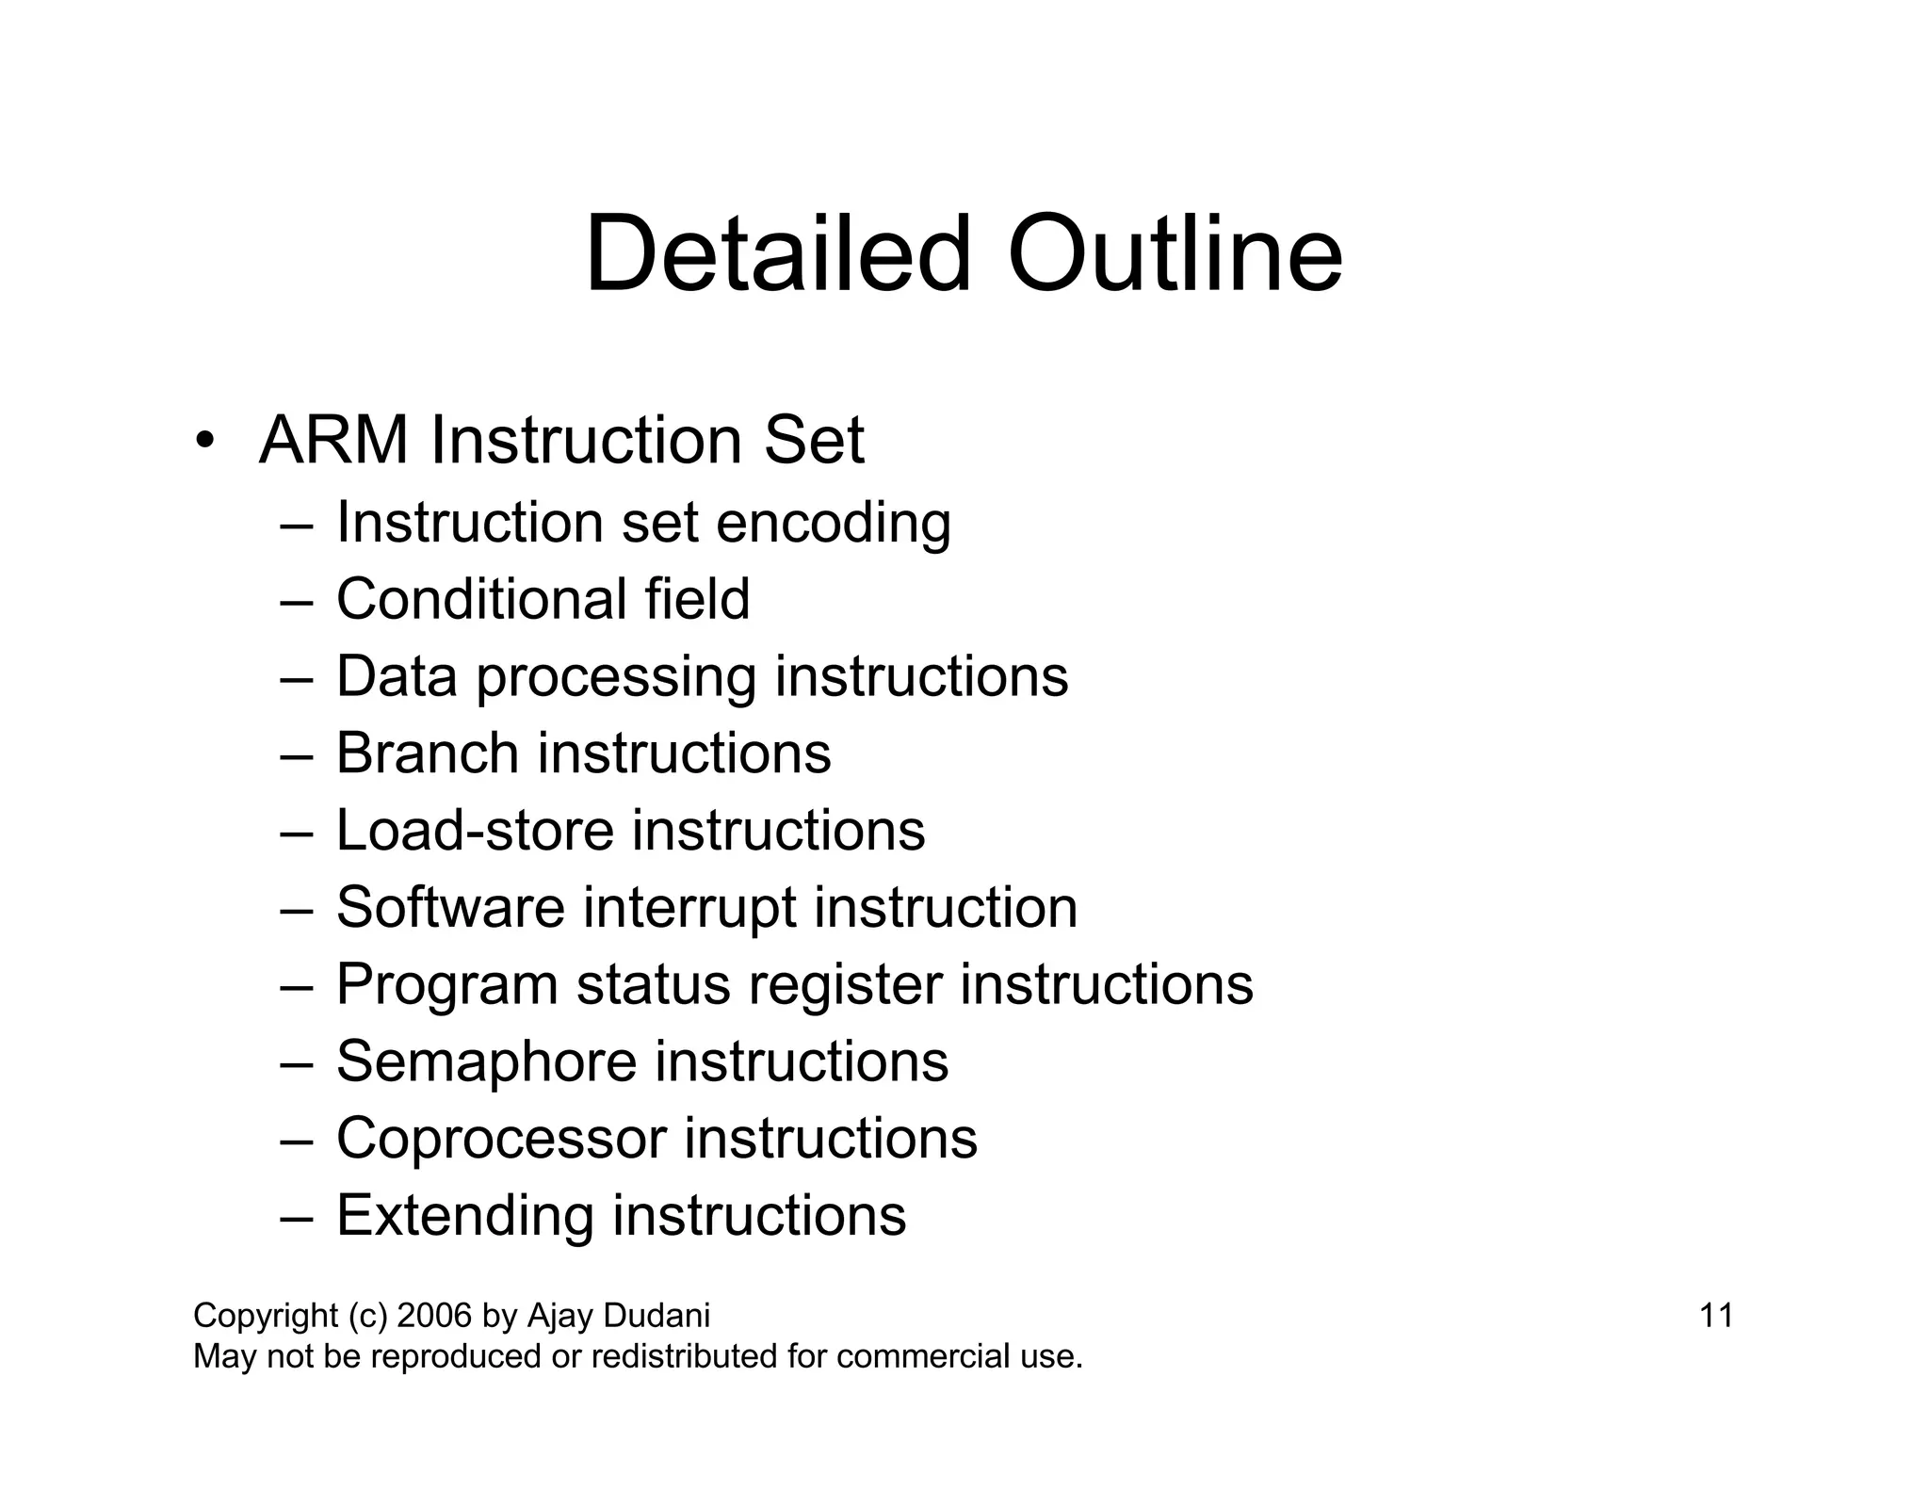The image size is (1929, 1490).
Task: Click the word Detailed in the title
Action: (777, 254)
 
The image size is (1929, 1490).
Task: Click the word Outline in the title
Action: (1175, 254)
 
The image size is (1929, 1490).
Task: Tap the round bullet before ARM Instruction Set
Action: (204, 442)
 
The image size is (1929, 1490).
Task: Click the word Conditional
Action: (480, 599)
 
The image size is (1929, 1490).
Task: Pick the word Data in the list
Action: (396, 676)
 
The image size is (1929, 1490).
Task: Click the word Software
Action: (450, 907)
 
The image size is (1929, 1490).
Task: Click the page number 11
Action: (1716, 1316)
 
